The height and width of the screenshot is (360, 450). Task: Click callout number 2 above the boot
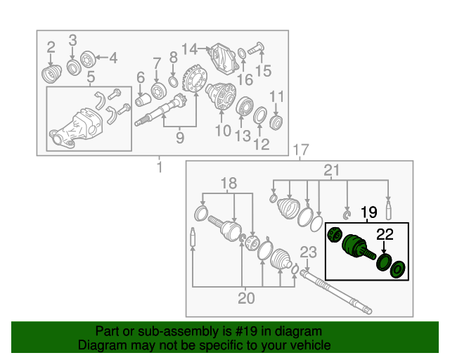tap(51, 47)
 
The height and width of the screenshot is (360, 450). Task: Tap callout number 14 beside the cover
tap(190, 49)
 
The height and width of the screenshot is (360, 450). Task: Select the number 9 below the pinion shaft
tap(180, 138)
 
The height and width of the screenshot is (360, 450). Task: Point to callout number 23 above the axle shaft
tap(308, 252)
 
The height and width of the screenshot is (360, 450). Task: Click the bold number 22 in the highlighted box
tap(385, 235)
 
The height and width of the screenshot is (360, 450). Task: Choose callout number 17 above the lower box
tap(301, 150)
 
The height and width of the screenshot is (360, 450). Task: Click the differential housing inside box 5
tap(76, 128)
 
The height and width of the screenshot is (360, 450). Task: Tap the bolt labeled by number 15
tap(255, 49)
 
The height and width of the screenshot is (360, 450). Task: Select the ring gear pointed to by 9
tap(194, 78)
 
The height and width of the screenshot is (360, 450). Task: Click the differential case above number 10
tap(221, 96)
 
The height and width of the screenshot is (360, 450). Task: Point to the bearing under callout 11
tap(276, 122)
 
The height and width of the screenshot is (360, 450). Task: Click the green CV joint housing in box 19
tap(354, 245)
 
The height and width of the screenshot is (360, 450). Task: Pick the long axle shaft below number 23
tap(336, 292)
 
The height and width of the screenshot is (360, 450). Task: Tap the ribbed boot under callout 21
tap(288, 209)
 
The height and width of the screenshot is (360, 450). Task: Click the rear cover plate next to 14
tap(224, 58)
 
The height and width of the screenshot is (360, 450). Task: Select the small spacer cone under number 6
tap(143, 100)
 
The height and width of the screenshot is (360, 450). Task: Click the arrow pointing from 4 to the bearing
tap(102, 58)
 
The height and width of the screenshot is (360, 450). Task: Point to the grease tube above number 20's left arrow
tap(193, 237)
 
